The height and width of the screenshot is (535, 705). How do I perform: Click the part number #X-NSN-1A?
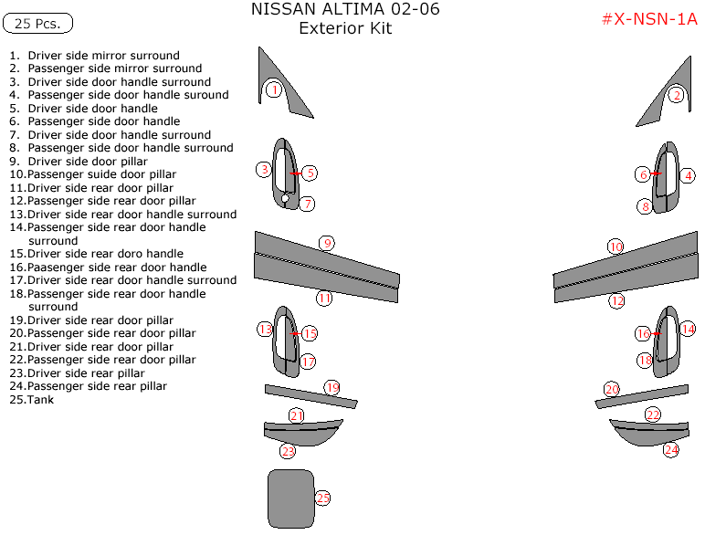click(648, 20)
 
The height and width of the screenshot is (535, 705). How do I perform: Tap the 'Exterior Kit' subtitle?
click(345, 28)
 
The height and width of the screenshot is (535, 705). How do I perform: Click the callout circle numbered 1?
click(272, 89)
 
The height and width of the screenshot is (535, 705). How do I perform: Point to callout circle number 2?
click(676, 94)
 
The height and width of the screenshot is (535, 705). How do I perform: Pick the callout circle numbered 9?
click(326, 243)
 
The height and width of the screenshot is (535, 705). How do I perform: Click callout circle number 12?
click(617, 300)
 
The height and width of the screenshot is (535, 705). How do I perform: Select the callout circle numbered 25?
click(321, 498)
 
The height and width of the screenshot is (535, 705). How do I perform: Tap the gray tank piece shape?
click(290, 498)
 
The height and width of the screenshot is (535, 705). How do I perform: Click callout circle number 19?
click(331, 387)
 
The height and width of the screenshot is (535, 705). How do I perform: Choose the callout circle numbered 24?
click(671, 449)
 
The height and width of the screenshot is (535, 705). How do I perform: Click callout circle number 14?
click(688, 329)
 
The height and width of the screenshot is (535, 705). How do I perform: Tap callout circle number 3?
click(264, 169)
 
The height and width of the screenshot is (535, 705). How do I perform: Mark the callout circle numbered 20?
click(612, 389)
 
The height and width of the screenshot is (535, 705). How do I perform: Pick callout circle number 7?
click(308, 204)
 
